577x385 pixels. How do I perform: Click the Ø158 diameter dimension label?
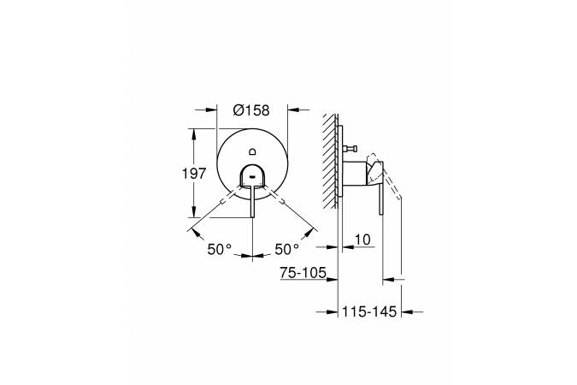tap(251, 110)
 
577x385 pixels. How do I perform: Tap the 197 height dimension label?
tap(194, 173)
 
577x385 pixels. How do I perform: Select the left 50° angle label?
tap(220, 250)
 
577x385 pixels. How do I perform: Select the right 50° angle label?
tap(287, 250)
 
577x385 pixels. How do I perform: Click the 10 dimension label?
tap(362, 240)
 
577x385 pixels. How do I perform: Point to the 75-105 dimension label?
tap(303, 273)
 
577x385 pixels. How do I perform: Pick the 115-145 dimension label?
tap(369, 311)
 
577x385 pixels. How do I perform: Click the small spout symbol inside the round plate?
tap(252, 151)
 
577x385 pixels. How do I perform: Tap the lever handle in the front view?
tap(252, 201)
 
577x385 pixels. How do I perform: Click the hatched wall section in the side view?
tap(330, 161)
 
